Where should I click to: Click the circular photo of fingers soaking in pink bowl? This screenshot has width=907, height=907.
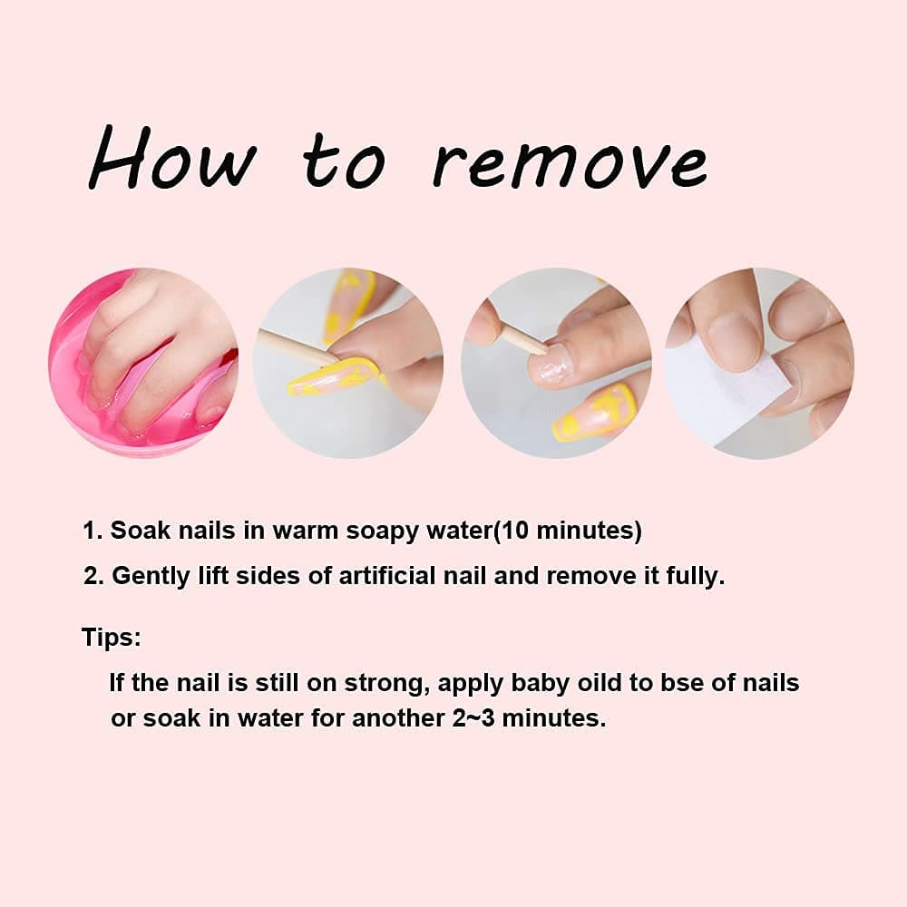[143, 363]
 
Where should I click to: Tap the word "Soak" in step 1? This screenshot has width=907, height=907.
[141, 530]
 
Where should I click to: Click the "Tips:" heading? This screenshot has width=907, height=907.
[111, 637]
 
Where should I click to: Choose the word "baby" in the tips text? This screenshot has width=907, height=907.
[541, 684]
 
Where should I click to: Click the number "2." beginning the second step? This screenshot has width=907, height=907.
[93, 576]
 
